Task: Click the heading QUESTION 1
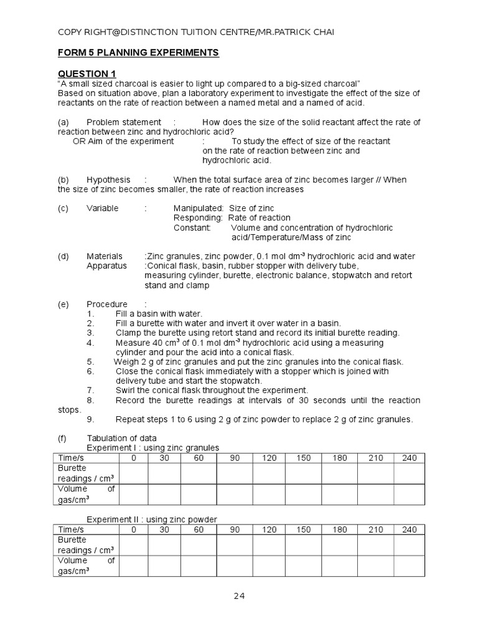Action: [x=87, y=74]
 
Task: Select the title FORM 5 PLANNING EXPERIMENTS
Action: [x=138, y=53]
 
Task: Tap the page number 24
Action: [x=240, y=596]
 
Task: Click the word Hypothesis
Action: [x=108, y=180]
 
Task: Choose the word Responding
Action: [x=198, y=218]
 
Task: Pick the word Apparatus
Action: [x=106, y=266]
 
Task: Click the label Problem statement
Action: [x=123, y=122]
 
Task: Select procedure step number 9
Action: [x=90, y=419]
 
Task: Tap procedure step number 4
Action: [x=90, y=343]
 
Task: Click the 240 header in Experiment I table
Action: [x=409, y=459]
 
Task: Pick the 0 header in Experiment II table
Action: [x=133, y=530]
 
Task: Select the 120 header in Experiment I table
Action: [x=269, y=459]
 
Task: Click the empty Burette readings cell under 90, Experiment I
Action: [x=235, y=474]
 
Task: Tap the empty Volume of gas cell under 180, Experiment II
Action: [x=339, y=566]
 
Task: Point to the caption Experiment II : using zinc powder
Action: [x=152, y=520]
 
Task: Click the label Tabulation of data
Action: [x=122, y=439]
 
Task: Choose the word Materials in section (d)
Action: [x=105, y=257]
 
